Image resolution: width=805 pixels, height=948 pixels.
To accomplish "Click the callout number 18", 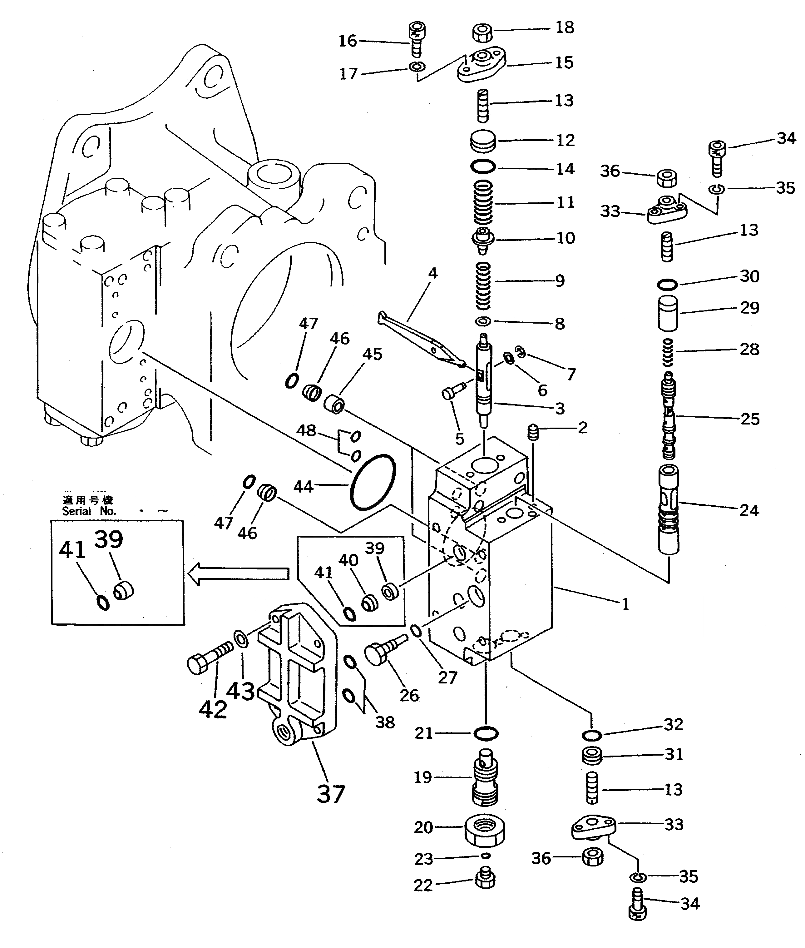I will coord(565,27).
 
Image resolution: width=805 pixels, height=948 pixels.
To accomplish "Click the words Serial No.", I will coord(89,511).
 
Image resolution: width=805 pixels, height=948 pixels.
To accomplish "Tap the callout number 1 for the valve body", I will coord(625,604).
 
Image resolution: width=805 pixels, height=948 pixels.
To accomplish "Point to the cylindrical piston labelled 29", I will coord(668,313).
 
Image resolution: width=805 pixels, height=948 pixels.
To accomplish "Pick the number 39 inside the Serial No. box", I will coord(109,539).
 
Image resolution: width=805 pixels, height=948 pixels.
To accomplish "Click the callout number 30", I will coord(749,276).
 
